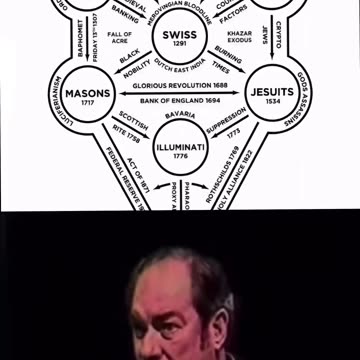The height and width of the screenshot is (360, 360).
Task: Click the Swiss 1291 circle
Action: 179,39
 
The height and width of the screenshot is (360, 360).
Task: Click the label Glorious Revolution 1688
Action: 180,87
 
